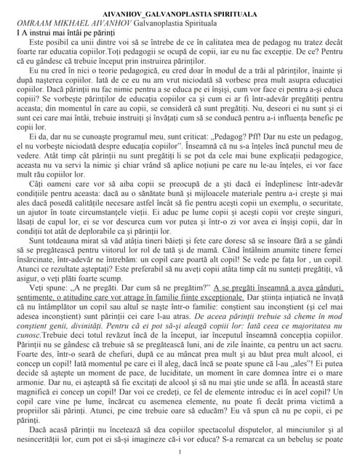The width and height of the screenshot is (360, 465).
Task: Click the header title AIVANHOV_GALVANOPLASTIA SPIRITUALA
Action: click(179, 12)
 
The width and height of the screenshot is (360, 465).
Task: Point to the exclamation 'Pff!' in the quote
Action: click(233, 136)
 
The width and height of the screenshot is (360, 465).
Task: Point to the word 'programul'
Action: click(124, 136)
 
